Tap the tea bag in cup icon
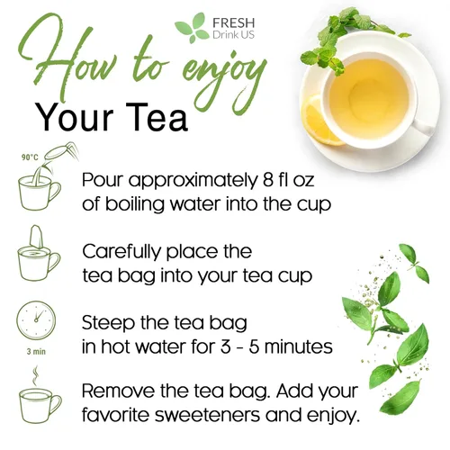(38, 256)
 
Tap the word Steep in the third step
(107, 321)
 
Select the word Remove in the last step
(116, 391)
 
